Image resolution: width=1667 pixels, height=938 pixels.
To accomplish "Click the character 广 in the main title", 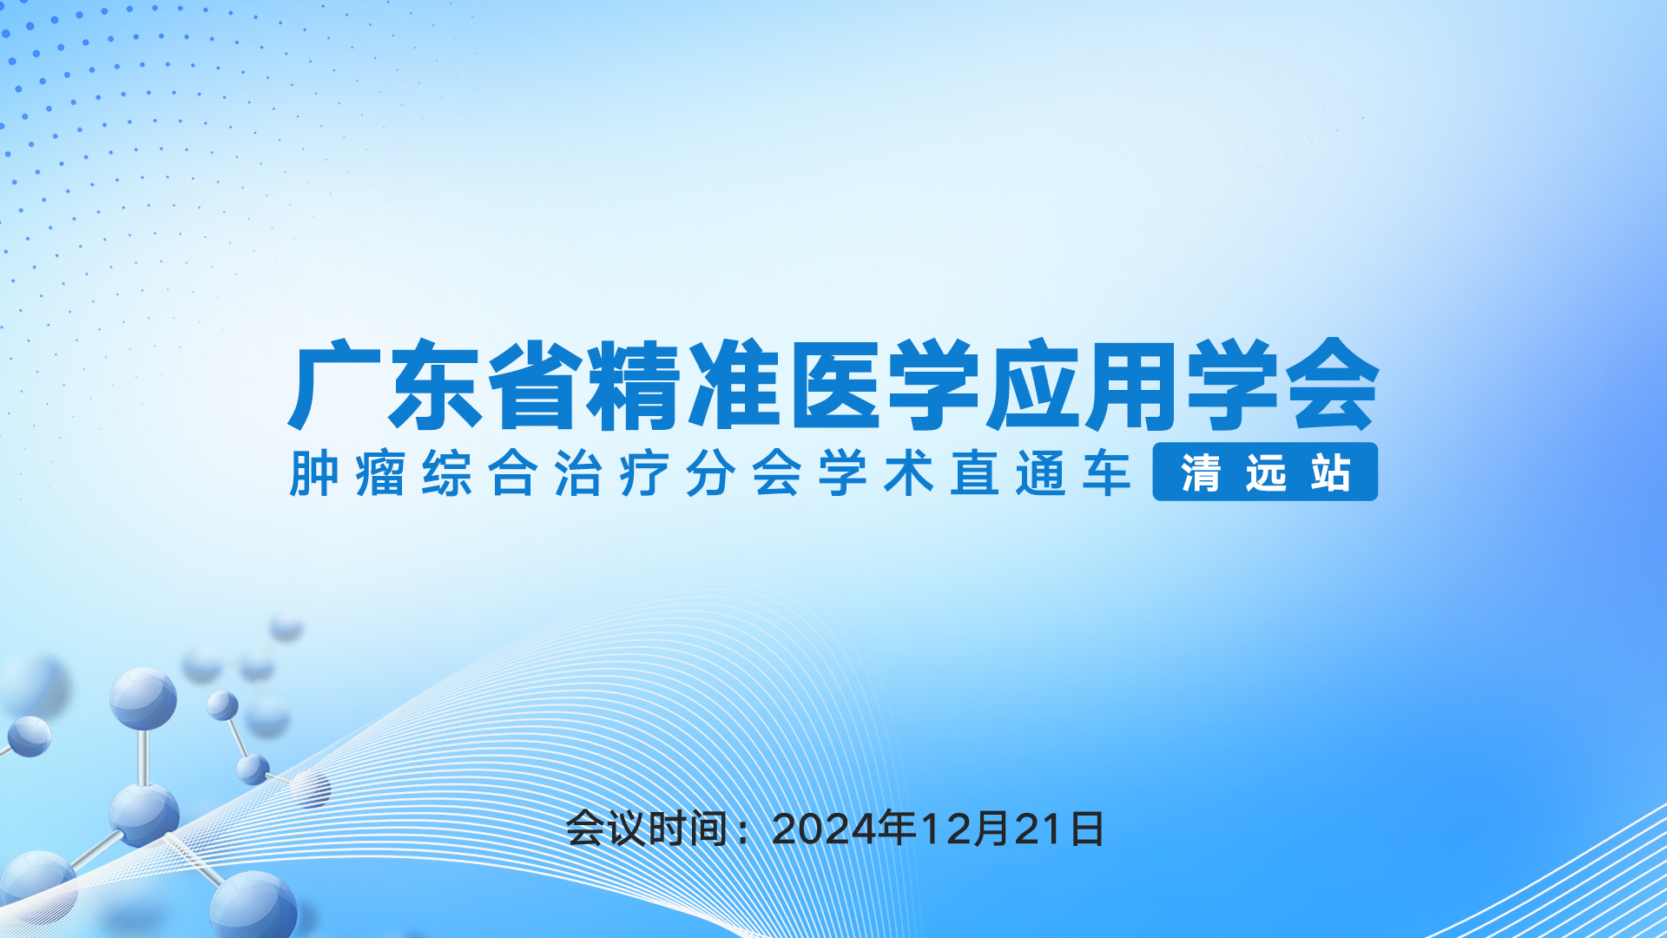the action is pyautogui.click(x=335, y=386).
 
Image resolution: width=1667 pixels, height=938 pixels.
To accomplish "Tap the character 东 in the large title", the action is pyautogui.click(x=434, y=386).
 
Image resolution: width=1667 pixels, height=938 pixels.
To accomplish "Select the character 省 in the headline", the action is pyautogui.click(x=534, y=386).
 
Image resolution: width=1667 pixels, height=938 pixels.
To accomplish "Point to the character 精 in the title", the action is pyautogui.click(x=633, y=386).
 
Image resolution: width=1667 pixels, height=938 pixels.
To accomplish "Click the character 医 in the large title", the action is pyautogui.click(x=833, y=386).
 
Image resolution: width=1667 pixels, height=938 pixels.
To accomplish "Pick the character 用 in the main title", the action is pyautogui.click(x=1131, y=386).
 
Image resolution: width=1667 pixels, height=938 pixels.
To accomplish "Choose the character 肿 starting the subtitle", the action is pyautogui.click(x=313, y=473).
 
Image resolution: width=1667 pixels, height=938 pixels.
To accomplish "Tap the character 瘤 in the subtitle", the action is pyautogui.click(x=380, y=473).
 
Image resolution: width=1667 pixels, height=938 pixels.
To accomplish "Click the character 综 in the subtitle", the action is pyautogui.click(x=447, y=473).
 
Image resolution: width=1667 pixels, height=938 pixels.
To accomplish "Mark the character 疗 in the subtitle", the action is pyautogui.click(x=644, y=473).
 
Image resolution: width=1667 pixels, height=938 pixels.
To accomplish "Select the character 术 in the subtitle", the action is pyautogui.click(x=909, y=473).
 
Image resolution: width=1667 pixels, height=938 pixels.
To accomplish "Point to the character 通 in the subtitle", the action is pyautogui.click(x=1041, y=473).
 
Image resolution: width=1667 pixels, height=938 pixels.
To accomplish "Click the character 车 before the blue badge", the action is pyautogui.click(x=1107, y=473).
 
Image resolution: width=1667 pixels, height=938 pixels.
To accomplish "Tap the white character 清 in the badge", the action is pyautogui.click(x=1201, y=473).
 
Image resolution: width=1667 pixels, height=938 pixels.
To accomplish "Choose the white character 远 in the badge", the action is pyautogui.click(x=1266, y=473).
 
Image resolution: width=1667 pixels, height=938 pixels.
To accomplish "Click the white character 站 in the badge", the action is pyautogui.click(x=1331, y=473).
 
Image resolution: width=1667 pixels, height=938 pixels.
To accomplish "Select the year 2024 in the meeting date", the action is pyautogui.click(x=824, y=829).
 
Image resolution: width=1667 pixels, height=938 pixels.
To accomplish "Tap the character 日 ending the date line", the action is pyautogui.click(x=1087, y=829).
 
